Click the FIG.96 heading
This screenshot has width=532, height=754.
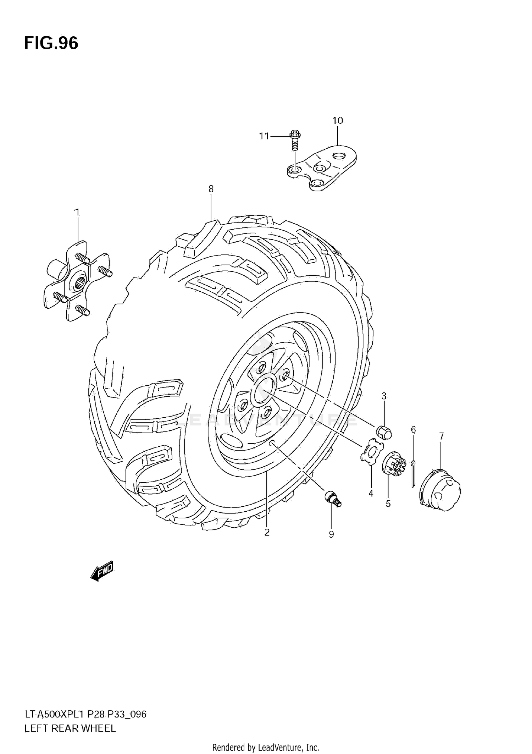(x=51, y=43)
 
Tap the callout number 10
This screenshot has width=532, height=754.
(x=337, y=121)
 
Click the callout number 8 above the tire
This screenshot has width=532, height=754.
(x=211, y=189)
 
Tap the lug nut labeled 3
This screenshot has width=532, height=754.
(x=383, y=432)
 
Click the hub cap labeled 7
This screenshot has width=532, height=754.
(x=440, y=490)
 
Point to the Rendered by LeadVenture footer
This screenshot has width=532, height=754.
(x=266, y=748)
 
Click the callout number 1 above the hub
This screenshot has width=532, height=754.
(x=77, y=212)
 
